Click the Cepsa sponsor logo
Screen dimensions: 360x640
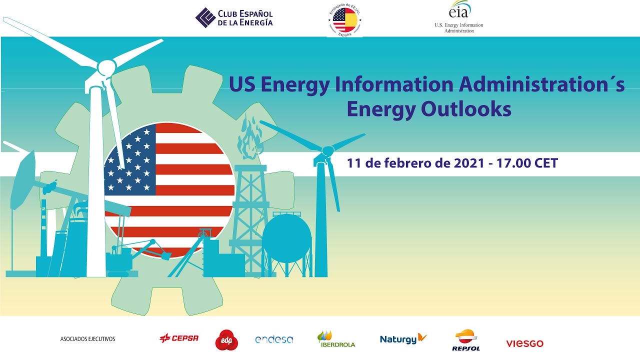179,338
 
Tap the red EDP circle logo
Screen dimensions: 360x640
226,340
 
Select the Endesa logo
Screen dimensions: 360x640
274,339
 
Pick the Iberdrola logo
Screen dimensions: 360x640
336,339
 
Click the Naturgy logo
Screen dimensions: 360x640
403,339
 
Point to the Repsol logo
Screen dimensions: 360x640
465,340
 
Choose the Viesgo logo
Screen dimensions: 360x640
524,343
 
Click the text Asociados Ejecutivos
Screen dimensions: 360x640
87,339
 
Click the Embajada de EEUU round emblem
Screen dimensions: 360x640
345,19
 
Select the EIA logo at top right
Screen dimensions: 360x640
459,17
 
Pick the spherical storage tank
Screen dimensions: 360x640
286,238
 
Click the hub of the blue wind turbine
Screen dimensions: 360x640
327,150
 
